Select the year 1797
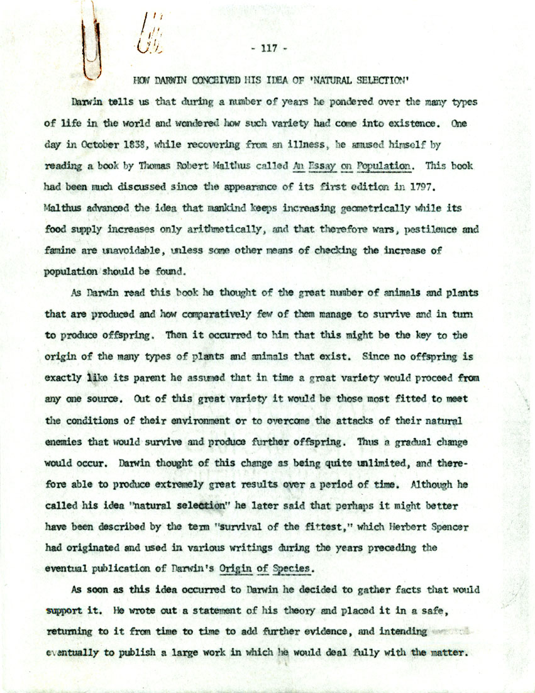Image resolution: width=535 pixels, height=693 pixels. (x=410, y=187)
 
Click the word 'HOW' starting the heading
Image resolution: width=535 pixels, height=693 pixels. (x=143, y=80)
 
